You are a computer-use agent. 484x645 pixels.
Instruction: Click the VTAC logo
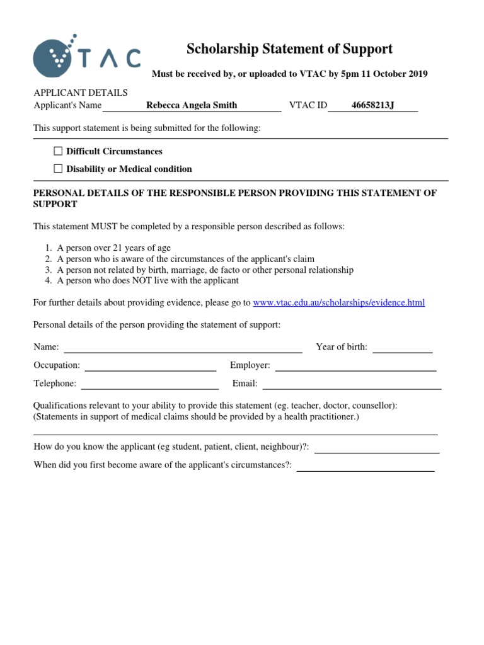(x=86, y=56)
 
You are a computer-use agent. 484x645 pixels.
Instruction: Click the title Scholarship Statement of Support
(x=289, y=49)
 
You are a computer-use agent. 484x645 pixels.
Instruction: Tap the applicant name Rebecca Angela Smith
(x=192, y=105)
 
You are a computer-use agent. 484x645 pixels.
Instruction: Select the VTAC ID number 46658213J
(x=372, y=105)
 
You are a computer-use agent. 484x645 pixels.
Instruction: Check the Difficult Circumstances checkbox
(x=59, y=151)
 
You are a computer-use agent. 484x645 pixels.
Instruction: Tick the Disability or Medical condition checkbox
(x=59, y=169)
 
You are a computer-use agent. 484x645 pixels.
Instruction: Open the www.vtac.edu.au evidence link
(x=338, y=303)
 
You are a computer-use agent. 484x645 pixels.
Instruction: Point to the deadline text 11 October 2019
(x=395, y=74)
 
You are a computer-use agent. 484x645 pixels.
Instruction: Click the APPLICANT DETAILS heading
(x=80, y=93)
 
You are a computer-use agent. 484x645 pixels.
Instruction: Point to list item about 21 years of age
(x=113, y=248)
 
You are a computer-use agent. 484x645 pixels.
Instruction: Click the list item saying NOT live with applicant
(x=147, y=281)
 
